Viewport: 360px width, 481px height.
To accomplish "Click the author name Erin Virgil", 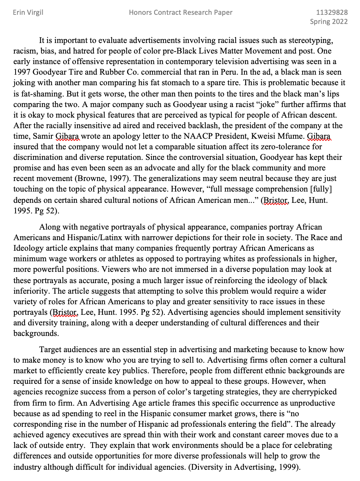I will tap(28, 13).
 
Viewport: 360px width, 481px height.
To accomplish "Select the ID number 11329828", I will tap(332, 13).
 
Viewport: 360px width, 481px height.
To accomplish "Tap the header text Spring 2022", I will tap(329, 21).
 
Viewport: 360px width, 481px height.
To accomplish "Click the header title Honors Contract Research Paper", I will tap(181, 13).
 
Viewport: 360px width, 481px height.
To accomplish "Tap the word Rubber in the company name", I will tap(111, 72).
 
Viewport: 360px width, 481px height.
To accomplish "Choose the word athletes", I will tap(122, 259).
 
